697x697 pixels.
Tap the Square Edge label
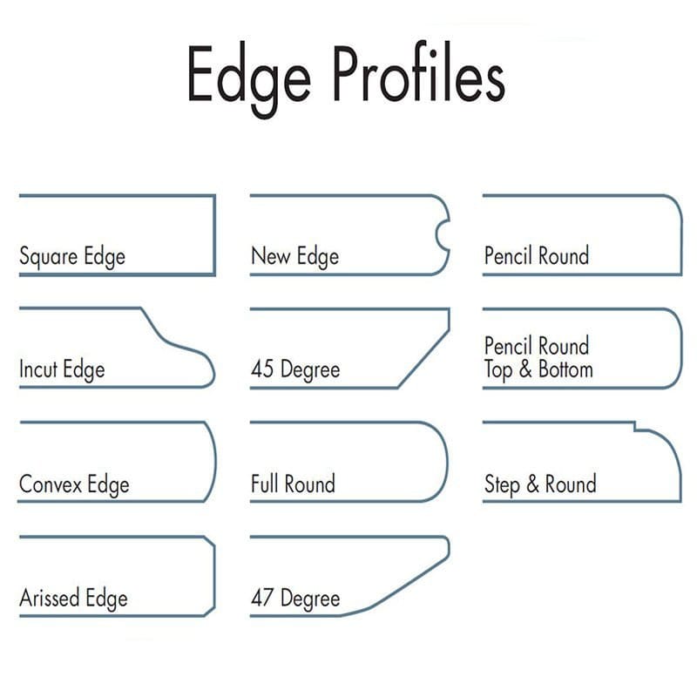click(72, 257)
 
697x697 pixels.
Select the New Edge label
click(294, 257)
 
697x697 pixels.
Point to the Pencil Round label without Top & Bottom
click(537, 256)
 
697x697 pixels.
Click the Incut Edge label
click(62, 369)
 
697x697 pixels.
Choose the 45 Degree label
click(295, 369)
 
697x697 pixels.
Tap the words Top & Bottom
click(538, 369)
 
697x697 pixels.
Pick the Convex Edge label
click(74, 484)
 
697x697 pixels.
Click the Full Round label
click(293, 484)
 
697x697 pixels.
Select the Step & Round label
click(540, 484)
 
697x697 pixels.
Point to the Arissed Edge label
click(73, 599)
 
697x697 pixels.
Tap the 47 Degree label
click(295, 599)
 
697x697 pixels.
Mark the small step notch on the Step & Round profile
click(635, 427)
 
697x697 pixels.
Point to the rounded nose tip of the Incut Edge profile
click(211, 369)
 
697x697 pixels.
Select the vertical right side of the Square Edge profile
click(214, 235)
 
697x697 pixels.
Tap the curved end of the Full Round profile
click(446, 462)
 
